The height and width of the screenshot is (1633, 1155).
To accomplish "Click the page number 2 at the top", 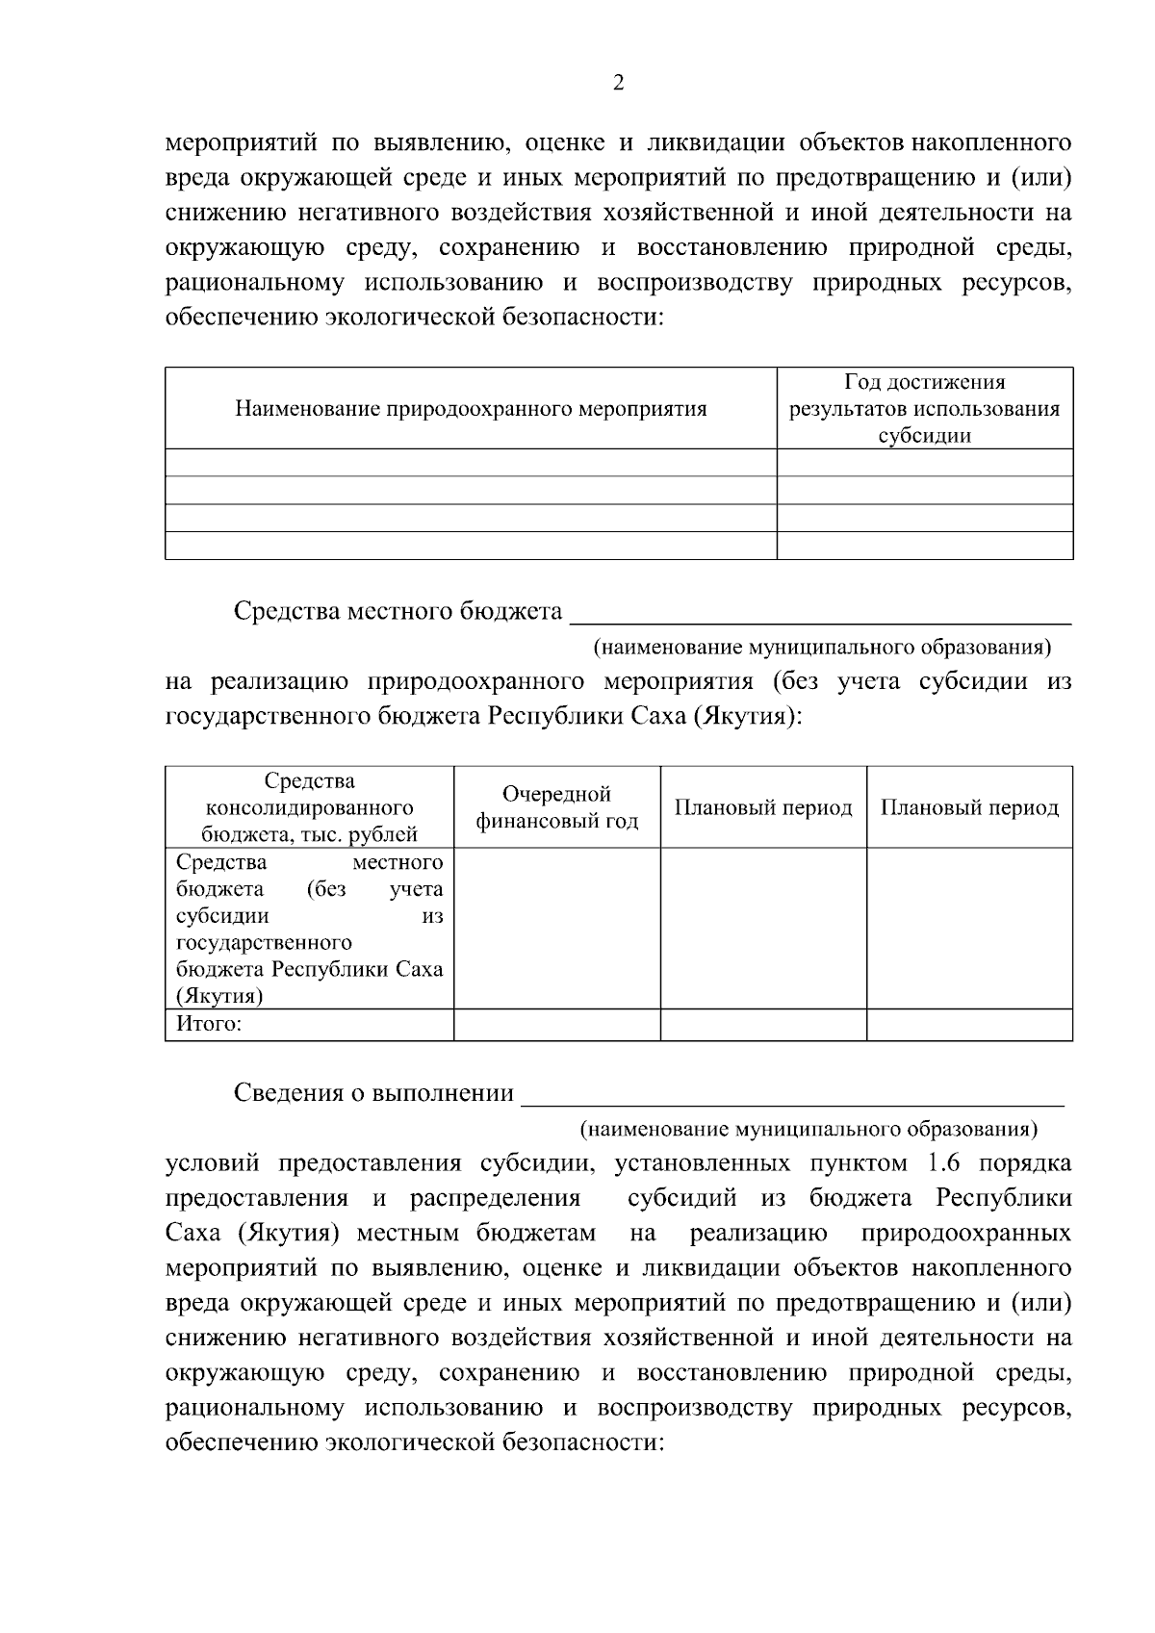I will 618,82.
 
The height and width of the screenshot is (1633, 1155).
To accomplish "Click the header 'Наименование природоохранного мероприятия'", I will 471,409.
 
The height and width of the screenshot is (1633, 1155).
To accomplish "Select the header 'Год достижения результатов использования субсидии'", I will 924,409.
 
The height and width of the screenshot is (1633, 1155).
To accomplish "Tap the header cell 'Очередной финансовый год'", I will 556,807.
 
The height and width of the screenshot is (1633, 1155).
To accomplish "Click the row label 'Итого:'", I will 209,1024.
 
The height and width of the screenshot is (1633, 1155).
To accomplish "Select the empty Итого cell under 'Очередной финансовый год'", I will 556,1024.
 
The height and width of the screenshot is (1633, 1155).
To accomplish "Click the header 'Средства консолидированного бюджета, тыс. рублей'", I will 309,807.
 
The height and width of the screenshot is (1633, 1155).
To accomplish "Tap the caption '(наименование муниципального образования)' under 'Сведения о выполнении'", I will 808,1128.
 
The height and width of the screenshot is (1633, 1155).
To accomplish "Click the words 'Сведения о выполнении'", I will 373,1094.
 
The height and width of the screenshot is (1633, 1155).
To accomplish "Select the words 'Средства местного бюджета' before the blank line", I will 398,612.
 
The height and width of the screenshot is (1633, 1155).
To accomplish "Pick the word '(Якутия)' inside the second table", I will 219,996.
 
